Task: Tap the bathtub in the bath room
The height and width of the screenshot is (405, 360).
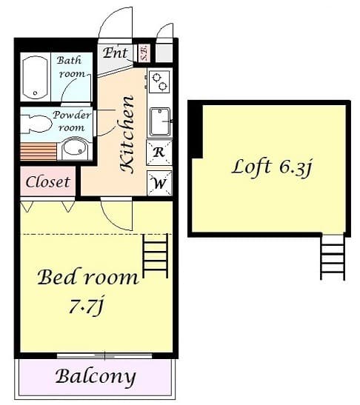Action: [x=34, y=78]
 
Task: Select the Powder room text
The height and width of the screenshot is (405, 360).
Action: [x=72, y=121]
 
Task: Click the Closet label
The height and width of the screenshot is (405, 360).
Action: [x=48, y=181]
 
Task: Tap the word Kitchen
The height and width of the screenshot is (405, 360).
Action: [x=127, y=134]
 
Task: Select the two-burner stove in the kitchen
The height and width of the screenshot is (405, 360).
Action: [x=159, y=81]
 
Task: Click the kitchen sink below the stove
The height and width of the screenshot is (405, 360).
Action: [x=159, y=121]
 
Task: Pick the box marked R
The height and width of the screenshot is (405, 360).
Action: [x=159, y=153]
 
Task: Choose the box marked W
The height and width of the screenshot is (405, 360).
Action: [x=159, y=182]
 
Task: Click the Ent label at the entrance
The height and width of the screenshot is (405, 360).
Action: [x=116, y=53]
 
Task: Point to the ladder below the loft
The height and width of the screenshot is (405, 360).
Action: [x=332, y=257]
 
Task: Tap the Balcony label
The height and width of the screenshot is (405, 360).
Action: [x=96, y=376]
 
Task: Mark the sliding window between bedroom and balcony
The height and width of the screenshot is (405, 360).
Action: [x=104, y=355]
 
